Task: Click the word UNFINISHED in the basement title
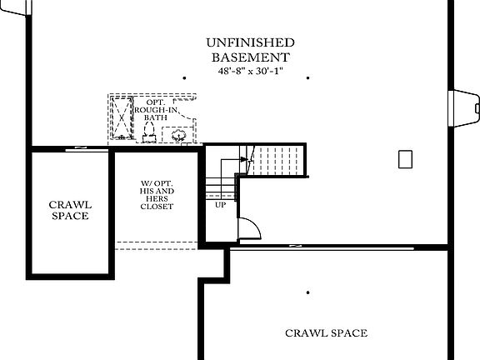[250, 42]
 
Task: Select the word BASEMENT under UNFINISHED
[250, 57]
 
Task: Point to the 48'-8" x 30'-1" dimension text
[250, 71]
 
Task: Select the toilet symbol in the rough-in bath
[151, 136]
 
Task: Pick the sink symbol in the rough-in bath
[178, 135]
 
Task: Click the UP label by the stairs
[221, 204]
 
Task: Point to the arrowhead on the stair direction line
[245, 159]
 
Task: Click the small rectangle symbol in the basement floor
[406, 159]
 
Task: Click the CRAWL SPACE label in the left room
[70, 210]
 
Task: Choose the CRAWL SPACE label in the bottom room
[326, 333]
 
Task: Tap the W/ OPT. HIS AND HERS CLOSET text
[157, 194]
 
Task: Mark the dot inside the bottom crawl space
[308, 292]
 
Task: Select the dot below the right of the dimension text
[308, 78]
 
